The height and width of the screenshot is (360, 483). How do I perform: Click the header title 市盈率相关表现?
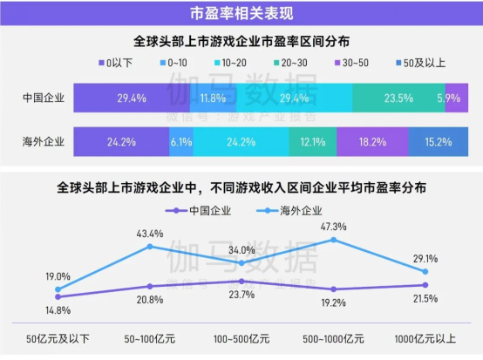point(241,13)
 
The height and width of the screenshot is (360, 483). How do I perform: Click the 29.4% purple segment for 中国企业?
point(131,98)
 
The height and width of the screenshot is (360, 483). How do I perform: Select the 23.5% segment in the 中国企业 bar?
point(398,98)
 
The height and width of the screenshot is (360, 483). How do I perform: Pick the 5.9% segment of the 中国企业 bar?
point(451,98)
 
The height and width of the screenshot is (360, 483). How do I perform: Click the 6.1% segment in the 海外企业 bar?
point(180,140)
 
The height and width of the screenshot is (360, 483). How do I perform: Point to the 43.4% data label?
point(149,234)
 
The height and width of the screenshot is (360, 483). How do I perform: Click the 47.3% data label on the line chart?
point(333,227)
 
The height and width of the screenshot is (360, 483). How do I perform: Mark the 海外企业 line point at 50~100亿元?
point(149,247)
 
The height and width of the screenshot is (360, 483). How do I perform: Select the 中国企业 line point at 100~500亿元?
point(241,281)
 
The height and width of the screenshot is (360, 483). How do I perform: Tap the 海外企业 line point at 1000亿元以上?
point(425,271)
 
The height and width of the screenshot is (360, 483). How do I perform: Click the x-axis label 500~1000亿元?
point(333,338)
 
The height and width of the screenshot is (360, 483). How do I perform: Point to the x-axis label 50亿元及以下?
point(58,338)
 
